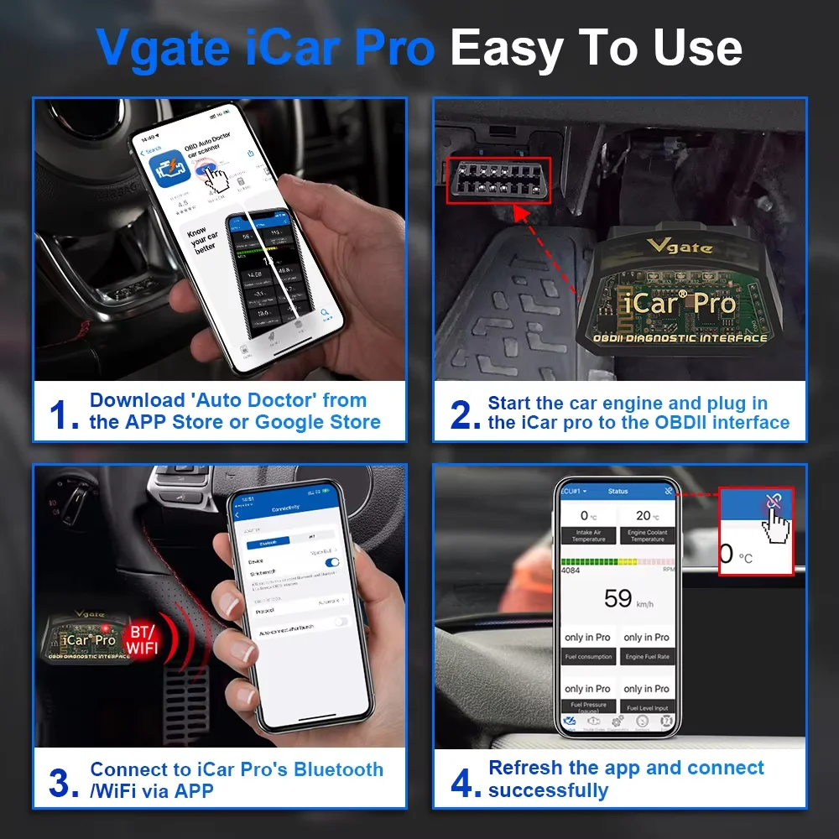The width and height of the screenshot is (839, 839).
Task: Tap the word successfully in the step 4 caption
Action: pos(549,790)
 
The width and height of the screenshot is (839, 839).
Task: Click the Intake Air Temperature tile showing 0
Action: pos(588,524)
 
